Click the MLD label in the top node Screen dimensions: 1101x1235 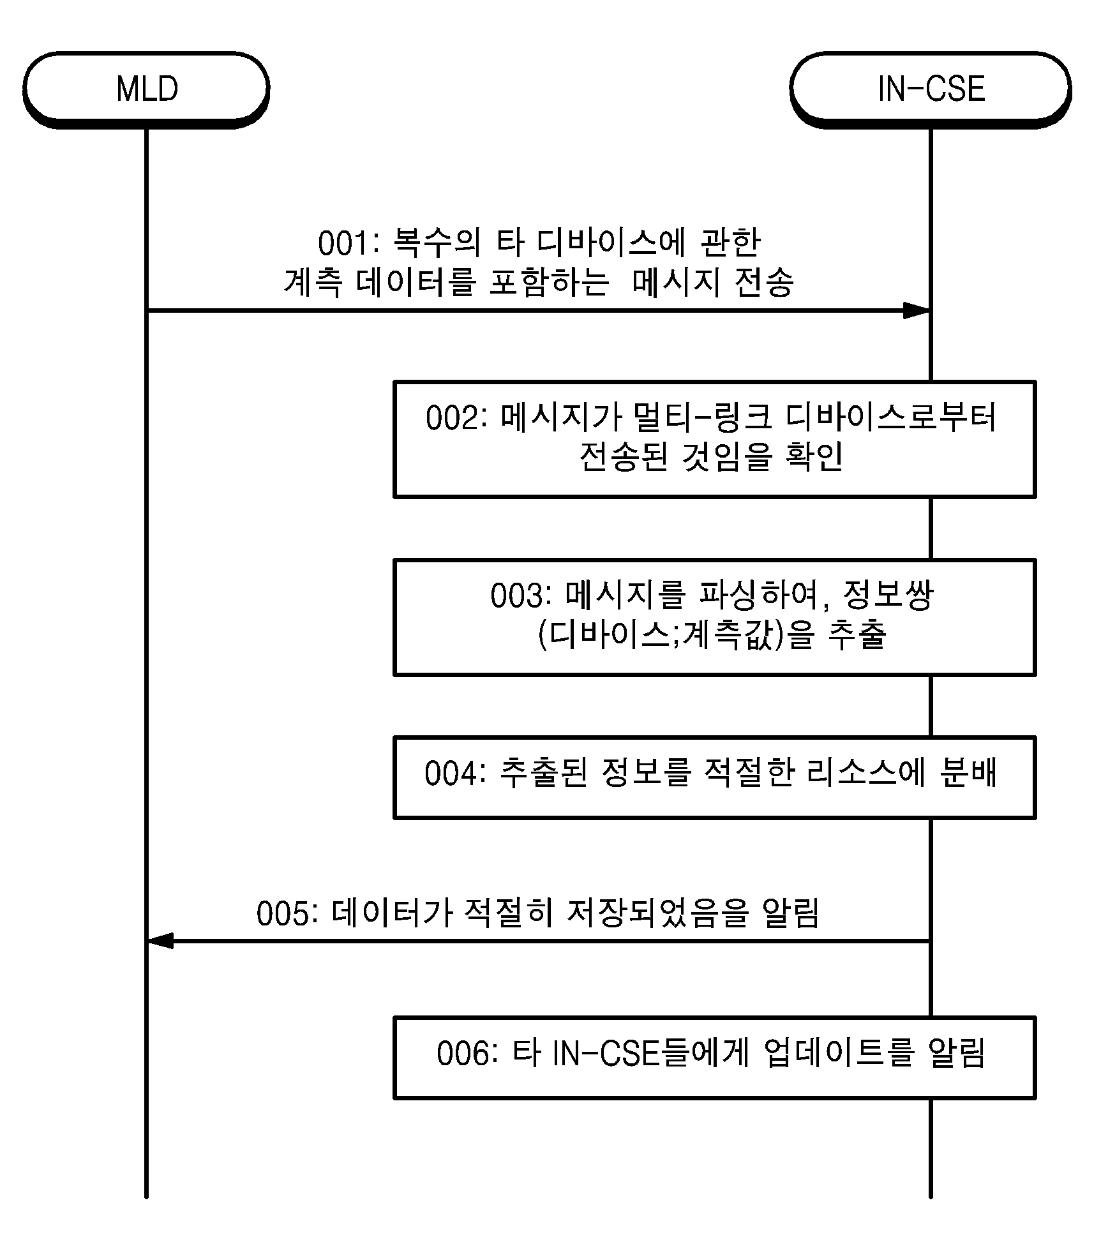tap(147, 89)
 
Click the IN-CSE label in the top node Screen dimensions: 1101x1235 tap(931, 89)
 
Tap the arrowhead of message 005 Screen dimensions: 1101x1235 tap(160, 941)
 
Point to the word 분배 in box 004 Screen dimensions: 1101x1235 tap(968, 773)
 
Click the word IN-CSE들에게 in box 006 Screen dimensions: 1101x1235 tap(650, 1054)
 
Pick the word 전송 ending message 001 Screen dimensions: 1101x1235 tap(764, 281)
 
